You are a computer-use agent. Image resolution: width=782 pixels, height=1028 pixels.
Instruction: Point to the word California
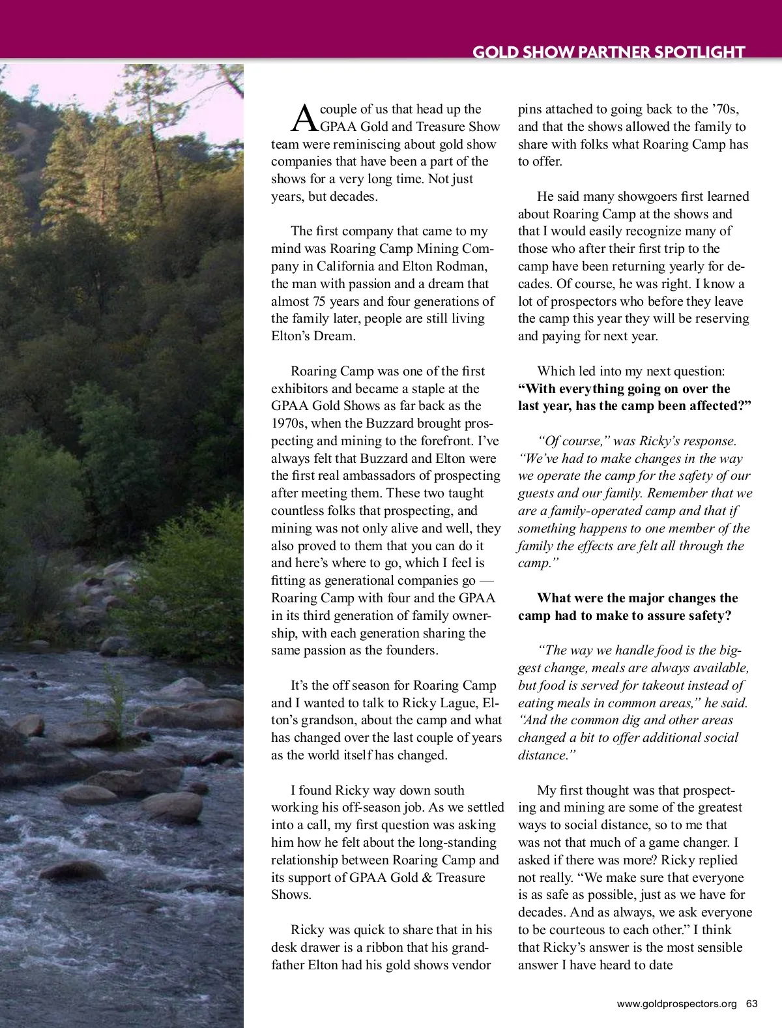point(345,266)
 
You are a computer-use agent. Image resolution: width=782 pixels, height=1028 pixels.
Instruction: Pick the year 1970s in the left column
point(288,423)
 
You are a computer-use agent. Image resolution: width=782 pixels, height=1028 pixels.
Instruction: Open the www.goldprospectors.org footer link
point(676,1004)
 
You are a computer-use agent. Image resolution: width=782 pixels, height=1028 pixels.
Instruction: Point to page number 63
point(752,1004)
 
